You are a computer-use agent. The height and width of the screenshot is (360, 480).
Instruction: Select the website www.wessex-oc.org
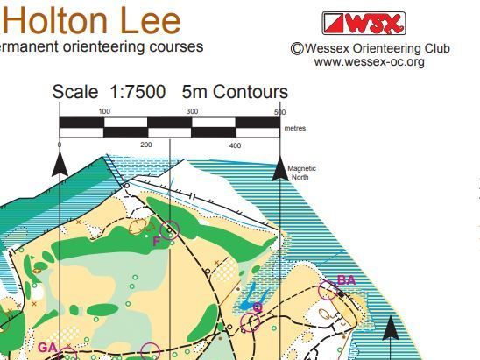point(369,62)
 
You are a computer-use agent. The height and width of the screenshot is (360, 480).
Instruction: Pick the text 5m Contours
point(235,92)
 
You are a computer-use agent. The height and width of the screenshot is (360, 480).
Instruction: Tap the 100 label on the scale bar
point(104,111)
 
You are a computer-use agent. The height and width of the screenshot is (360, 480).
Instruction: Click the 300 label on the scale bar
point(192,111)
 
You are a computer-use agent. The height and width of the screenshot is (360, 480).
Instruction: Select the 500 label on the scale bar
point(279,112)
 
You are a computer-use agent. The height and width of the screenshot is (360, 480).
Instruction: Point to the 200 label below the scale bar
point(146,145)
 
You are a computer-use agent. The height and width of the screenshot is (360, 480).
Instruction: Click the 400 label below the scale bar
point(235,145)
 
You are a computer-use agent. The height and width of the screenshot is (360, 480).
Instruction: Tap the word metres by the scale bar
point(295,127)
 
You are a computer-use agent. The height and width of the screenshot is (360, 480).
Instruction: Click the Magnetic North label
point(302,173)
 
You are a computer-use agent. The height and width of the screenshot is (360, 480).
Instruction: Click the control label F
point(156,241)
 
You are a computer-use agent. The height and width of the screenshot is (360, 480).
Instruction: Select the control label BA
point(347,280)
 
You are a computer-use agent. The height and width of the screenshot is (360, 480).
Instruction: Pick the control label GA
point(47,348)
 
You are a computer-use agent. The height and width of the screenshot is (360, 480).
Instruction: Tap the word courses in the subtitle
point(179,46)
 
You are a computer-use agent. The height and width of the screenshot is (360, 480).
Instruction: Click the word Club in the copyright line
point(434,49)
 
